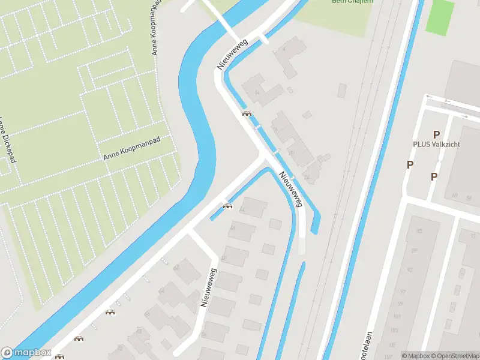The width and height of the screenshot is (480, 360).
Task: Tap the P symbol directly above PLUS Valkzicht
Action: click(x=436, y=135)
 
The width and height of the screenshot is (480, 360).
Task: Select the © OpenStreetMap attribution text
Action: click(x=454, y=356)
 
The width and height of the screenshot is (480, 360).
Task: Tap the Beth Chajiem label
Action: click(x=352, y=2)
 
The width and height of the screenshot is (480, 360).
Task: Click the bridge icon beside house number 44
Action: click(x=227, y=206)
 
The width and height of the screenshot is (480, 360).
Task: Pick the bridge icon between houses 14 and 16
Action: click(x=246, y=113)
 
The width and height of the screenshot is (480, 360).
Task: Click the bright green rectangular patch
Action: click(x=440, y=16)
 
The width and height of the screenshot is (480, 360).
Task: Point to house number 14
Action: click(x=257, y=92)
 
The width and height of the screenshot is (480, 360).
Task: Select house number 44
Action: click(x=242, y=210)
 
